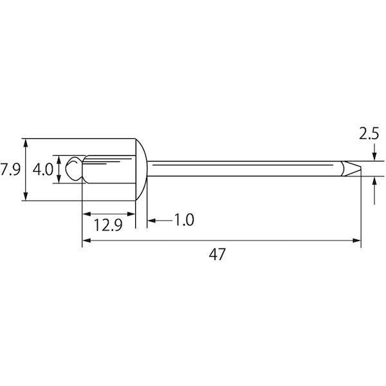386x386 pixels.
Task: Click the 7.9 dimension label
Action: (x=10, y=169)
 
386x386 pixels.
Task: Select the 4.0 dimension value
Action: (x=43, y=170)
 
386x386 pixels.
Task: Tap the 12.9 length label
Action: (x=108, y=225)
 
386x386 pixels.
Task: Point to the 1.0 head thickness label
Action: (x=184, y=220)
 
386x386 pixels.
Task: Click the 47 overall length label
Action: (x=217, y=255)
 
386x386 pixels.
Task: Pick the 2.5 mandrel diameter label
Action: (x=369, y=134)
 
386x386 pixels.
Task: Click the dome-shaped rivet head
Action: (x=142, y=169)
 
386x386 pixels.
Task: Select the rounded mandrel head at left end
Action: (x=73, y=169)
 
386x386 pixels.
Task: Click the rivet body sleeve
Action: (x=109, y=169)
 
